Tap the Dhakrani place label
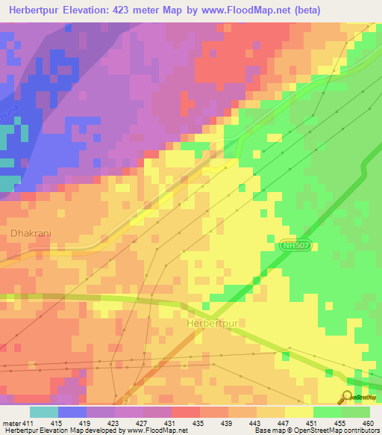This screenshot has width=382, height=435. pyautogui.click(x=31, y=233)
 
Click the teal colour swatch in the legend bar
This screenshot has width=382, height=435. pyautogui.click(x=44, y=413)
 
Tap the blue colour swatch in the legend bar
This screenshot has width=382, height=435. pyautogui.click(x=72, y=413)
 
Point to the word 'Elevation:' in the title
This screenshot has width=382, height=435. pyautogui.click(x=92, y=10)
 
